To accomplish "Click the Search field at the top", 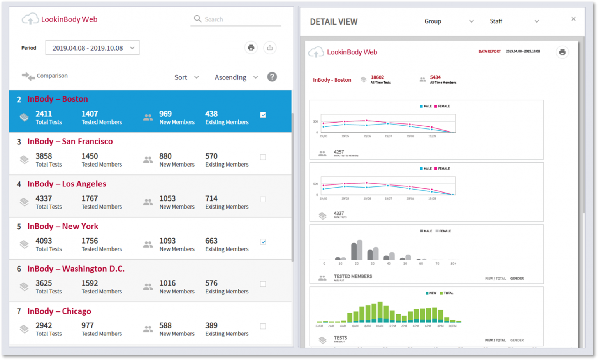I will click(x=237, y=19).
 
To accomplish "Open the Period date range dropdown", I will click(x=92, y=48).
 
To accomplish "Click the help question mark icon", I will click(x=272, y=77).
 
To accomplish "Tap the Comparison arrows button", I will click(x=28, y=76).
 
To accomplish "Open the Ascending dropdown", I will click(x=236, y=77).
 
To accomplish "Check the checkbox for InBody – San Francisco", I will click(x=263, y=157).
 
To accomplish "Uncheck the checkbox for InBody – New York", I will click(x=263, y=242).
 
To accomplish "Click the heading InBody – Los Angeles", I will click(x=67, y=184).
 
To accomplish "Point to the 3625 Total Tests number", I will click(x=44, y=283).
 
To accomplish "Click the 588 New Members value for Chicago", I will click(x=165, y=325).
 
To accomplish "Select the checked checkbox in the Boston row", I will click(x=263, y=115).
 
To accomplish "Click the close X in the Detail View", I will click(x=573, y=19).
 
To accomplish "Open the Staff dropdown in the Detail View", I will click(x=514, y=21).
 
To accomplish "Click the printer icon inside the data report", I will click(x=562, y=52).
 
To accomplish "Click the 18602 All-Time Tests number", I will click(x=377, y=77).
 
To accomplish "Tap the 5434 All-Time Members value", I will click(x=435, y=77).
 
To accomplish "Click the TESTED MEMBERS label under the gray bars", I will click(x=353, y=276).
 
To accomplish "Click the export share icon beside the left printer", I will click(x=270, y=48).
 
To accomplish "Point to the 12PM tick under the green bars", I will click(x=392, y=326).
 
